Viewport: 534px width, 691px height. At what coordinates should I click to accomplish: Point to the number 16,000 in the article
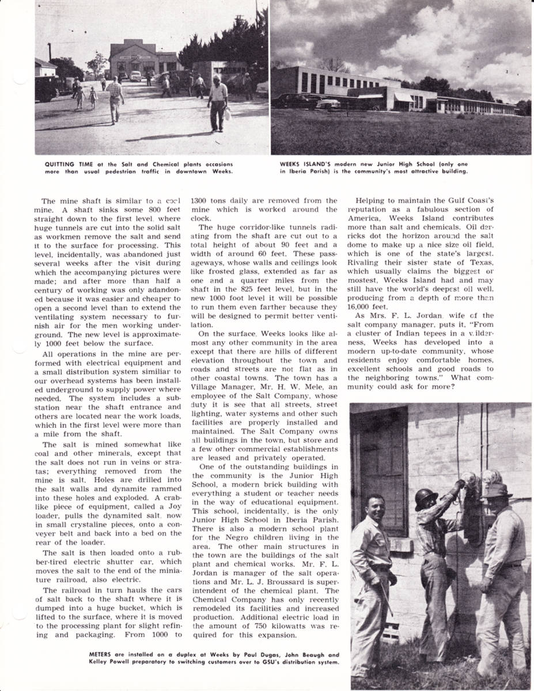coord(360,307)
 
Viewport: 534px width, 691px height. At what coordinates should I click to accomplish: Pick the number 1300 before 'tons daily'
coord(200,200)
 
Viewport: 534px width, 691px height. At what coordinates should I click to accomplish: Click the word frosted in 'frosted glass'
coord(218,271)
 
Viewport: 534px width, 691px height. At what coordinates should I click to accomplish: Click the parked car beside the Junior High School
coord(311,101)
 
